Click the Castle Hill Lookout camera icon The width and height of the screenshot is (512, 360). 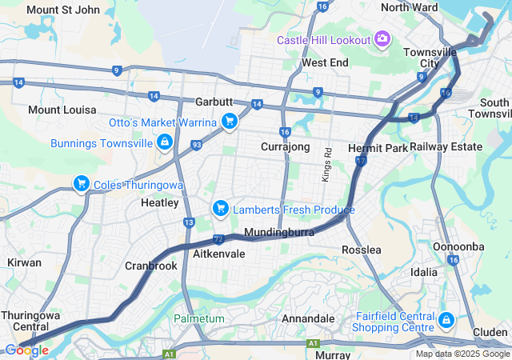382,39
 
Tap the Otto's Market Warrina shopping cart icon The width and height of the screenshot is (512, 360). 230,122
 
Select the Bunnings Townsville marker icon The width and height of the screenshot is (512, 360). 164,142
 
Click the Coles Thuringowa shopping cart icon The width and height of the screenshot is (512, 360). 81,184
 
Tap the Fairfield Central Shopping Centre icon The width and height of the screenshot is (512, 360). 446,322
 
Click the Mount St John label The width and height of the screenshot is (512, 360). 63,10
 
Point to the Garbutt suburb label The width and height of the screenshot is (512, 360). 214,103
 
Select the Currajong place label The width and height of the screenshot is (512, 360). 285,147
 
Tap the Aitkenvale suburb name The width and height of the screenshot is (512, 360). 219,253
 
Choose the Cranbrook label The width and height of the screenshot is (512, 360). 150,266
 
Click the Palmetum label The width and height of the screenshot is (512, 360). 199,318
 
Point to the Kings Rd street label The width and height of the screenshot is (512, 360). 327,164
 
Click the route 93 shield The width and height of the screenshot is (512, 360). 196,145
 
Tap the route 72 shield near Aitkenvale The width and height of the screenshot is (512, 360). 218,238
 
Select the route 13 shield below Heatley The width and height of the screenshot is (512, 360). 189,222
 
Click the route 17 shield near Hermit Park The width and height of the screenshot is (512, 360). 361,162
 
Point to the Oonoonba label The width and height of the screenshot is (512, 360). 458,246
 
